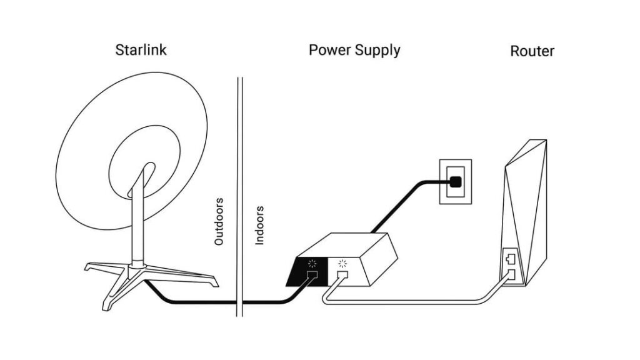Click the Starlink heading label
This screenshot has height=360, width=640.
pos(141,50)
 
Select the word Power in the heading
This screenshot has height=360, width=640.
pos(330,50)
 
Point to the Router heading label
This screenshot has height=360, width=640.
pos(532,51)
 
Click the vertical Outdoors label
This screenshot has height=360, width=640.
pos(219,221)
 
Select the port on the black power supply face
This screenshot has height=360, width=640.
pos(312,275)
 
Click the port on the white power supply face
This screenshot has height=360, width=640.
pos(342,274)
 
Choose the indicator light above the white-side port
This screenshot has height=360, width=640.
pos(341,262)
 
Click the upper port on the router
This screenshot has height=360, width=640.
pos(509,256)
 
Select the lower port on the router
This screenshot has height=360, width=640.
pos(510,272)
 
